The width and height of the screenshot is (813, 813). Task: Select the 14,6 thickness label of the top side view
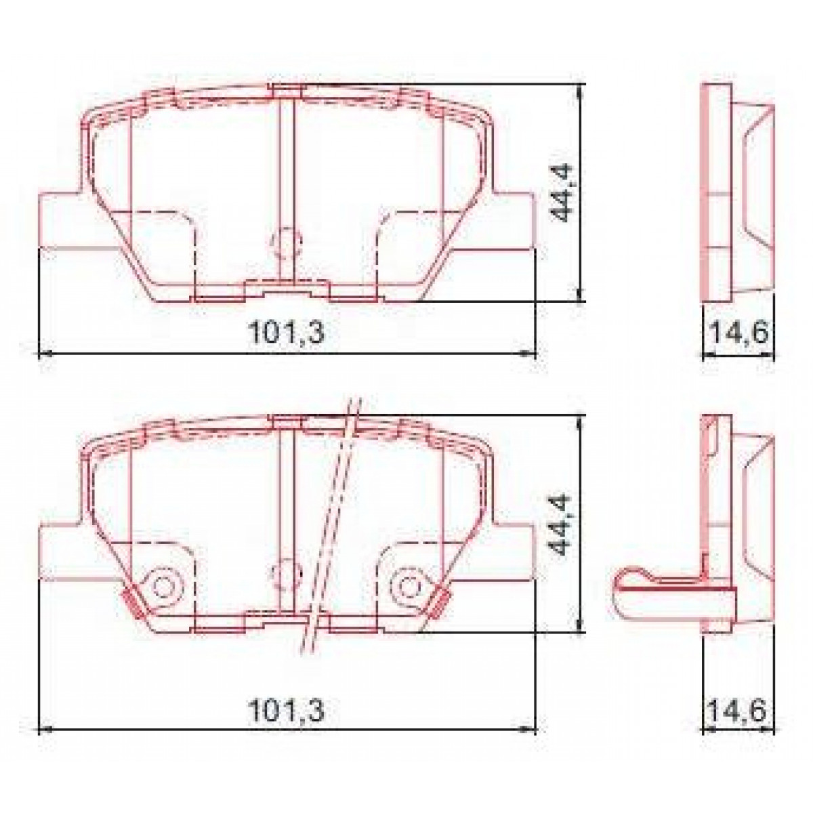point(738,333)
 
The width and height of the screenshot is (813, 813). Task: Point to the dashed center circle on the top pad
point(286,242)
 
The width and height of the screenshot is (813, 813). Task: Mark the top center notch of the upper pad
point(287,91)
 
